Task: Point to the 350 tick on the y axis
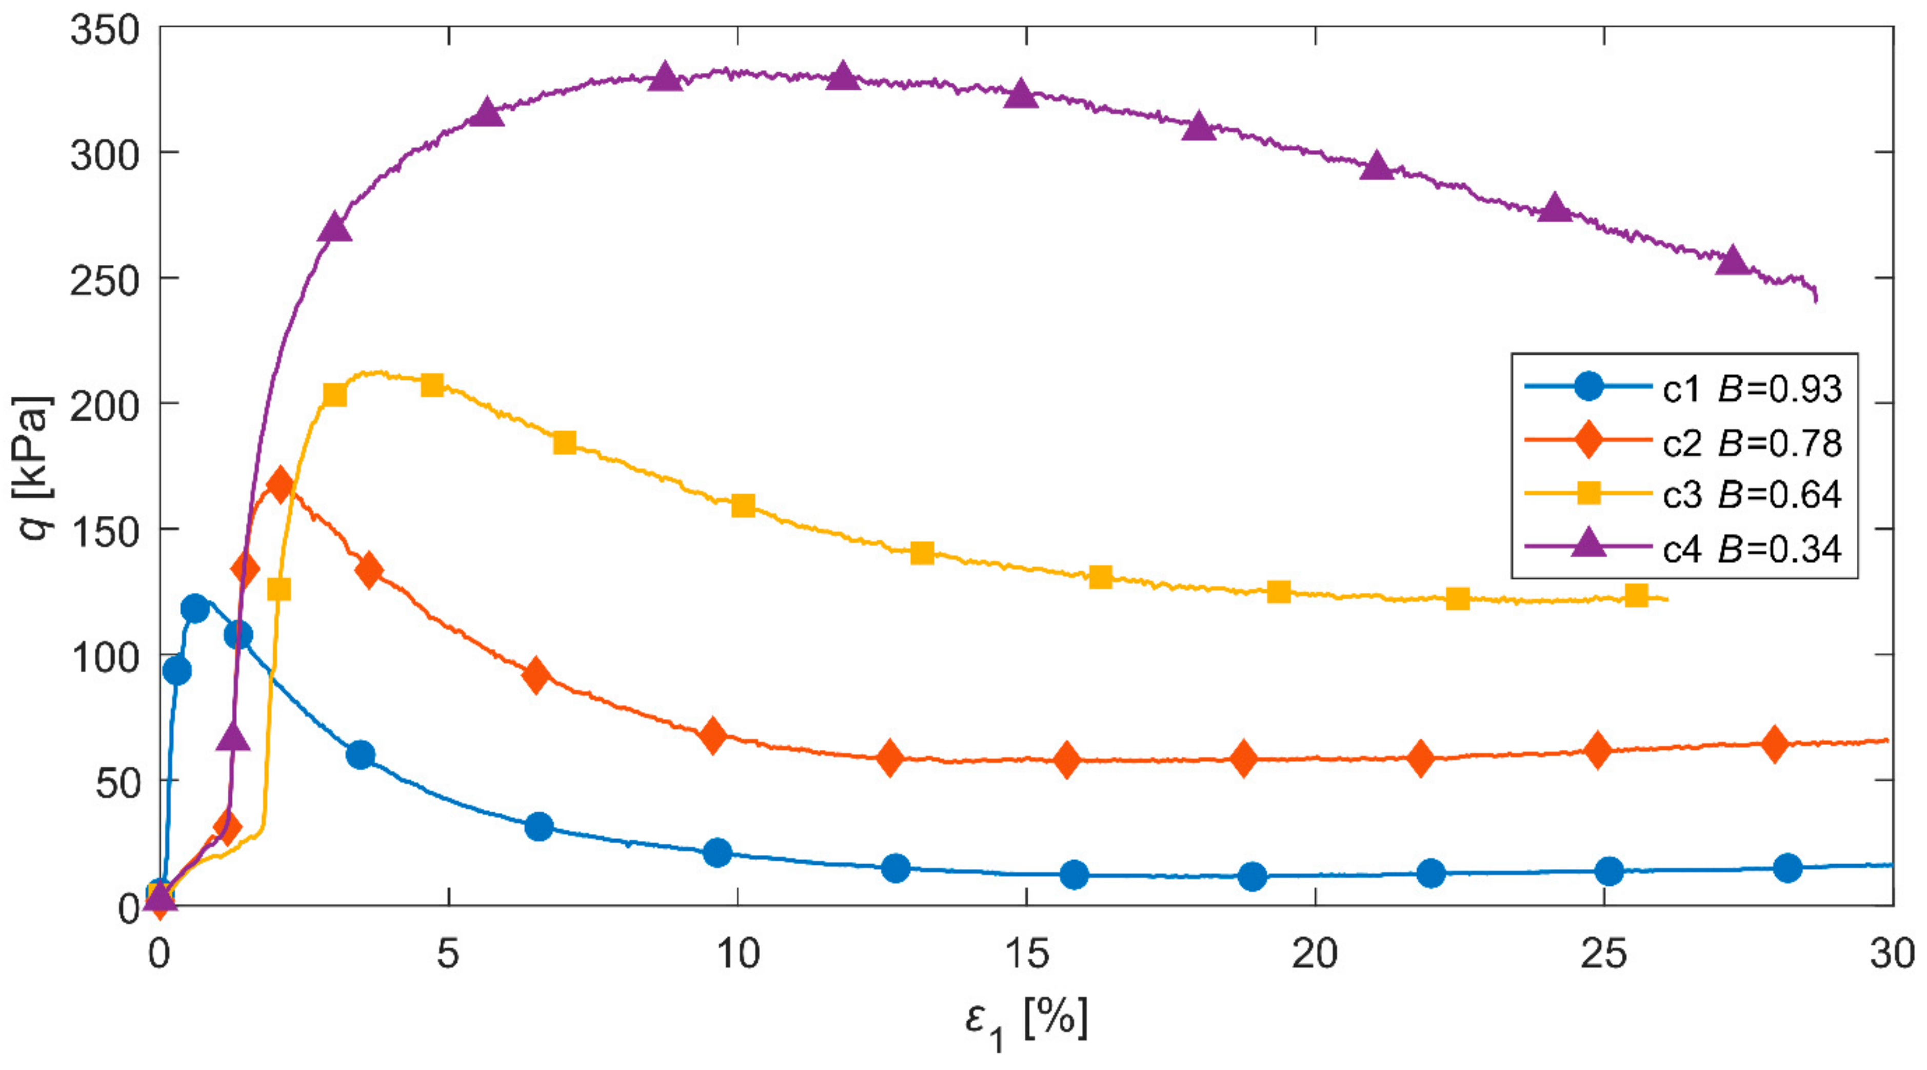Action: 105,31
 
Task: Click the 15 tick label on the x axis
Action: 1026,954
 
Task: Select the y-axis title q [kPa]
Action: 34,468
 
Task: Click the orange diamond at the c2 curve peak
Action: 280,485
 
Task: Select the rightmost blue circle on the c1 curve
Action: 1787,868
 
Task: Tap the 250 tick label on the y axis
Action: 105,281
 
